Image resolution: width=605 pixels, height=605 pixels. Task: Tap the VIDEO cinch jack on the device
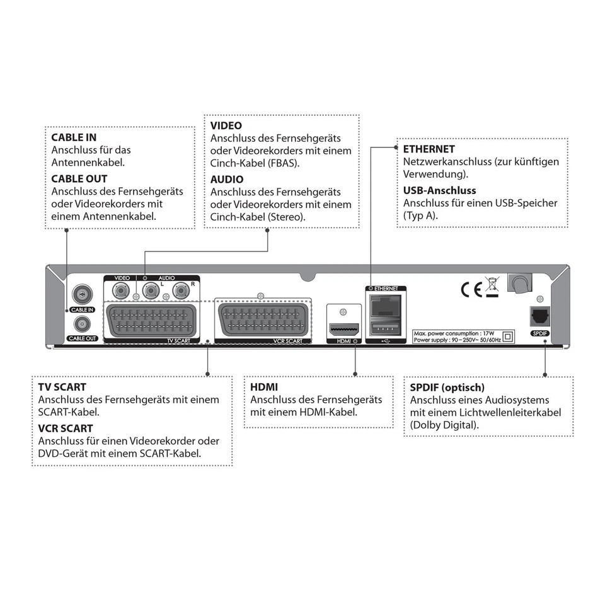tap(121, 291)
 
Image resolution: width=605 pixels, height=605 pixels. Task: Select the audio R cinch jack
tap(182, 291)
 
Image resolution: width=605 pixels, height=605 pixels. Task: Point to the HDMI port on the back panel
tap(343, 330)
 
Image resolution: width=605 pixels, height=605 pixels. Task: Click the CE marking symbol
tap(471, 289)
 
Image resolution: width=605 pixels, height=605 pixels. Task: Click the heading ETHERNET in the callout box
tap(429, 149)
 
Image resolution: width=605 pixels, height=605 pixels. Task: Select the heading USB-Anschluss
tap(439, 190)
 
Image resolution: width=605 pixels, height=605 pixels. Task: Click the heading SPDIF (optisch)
tap(447, 388)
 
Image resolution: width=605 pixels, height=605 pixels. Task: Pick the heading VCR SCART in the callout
tap(66, 429)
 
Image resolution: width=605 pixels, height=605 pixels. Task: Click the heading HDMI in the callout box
tap(264, 387)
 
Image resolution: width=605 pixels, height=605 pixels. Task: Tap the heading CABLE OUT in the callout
tap(79, 179)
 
